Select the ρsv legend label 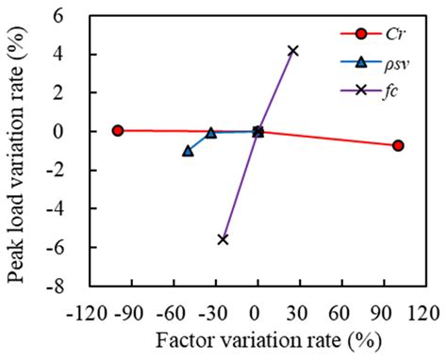(396, 64)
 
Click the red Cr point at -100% (118, 130)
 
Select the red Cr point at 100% (398, 145)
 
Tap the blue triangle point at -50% (188, 151)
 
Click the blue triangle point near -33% (210, 133)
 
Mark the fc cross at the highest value (293, 51)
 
